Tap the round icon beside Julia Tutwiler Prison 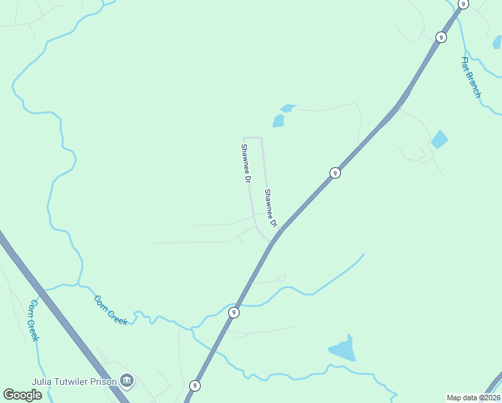[x=127, y=381]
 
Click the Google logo [x=22, y=394]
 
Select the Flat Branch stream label [x=471, y=77]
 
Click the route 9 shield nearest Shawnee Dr [x=335, y=173]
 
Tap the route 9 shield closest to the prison [x=195, y=386]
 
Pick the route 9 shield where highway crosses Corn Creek [x=234, y=312]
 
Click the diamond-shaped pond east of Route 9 [x=440, y=139]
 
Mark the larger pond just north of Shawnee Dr [x=278, y=121]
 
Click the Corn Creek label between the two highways [x=111, y=310]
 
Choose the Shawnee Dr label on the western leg [x=246, y=164]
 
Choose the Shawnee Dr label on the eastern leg [x=270, y=208]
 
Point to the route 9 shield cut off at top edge [x=463, y=3]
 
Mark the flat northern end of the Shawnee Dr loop [x=252, y=138]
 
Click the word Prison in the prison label [x=101, y=381]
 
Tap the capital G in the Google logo [x=9, y=394]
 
